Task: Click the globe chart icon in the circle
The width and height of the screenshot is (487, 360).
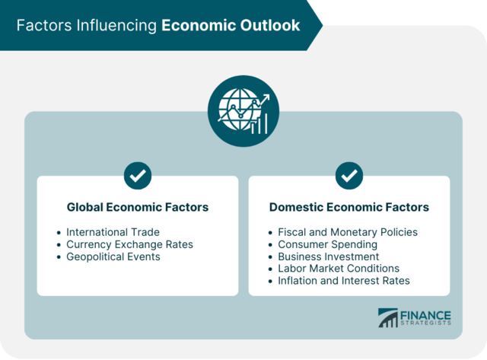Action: pyautogui.click(x=243, y=111)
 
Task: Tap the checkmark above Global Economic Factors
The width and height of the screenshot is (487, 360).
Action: pyautogui.click(x=138, y=176)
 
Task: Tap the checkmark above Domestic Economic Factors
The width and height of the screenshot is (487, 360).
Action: pyautogui.click(x=349, y=176)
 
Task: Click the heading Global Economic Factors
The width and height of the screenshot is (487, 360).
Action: pyautogui.click(x=138, y=207)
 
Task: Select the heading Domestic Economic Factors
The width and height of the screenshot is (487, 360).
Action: pyautogui.click(x=349, y=207)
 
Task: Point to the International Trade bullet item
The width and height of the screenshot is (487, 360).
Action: pyautogui.click(x=113, y=231)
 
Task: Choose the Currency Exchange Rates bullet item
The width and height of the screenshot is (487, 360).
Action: pyautogui.click(x=129, y=244)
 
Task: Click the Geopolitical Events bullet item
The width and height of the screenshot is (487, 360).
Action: pyautogui.click(x=113, y=256)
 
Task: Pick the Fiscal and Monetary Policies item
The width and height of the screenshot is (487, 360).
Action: pyautogui.click(x=348, y=231)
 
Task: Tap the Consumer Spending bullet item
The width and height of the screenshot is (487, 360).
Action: pyautogui.click(x=327, y=244)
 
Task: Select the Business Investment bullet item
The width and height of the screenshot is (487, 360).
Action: pyautogui.click(x=328, y=256)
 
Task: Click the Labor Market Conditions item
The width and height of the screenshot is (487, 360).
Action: pyautogui.click(x=339, y=269)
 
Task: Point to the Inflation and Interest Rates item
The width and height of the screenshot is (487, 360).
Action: pyautogui.click(x=344, y=281)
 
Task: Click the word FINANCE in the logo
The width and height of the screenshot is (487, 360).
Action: pyautogui.click(x=427, y=315)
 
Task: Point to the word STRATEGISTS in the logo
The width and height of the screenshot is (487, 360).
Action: pyautogui.click(x=427, y=324)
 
